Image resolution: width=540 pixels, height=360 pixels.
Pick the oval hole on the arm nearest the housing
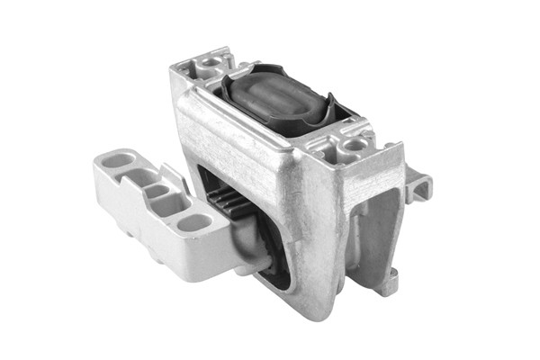coord(193,221)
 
